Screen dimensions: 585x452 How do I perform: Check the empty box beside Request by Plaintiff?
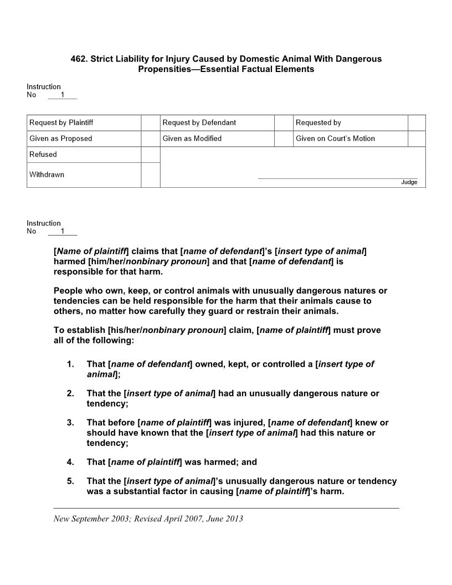click(x=150, y=123)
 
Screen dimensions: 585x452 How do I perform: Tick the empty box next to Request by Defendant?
click(x=284, y=123)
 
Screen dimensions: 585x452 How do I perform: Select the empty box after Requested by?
click(x=417, y=123)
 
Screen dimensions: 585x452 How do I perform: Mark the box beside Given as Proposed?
click(x=150, y=138)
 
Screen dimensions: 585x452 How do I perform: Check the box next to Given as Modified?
click(x=284, y=138)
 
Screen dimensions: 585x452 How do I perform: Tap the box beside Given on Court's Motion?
click(x=417, y=138)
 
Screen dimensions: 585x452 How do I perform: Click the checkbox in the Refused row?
click(x=150, y=155)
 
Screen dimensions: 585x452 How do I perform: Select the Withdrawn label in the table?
click(x=47, y=175)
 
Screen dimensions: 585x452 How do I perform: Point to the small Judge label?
click(x=409, y=182)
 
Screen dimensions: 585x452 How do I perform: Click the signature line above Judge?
click(x=338, y=178)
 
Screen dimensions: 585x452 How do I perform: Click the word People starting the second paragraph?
click(x=68, y=291)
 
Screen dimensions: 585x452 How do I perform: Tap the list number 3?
click(x=70, y=423)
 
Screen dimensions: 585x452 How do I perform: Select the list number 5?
click(x=70, y=481)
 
